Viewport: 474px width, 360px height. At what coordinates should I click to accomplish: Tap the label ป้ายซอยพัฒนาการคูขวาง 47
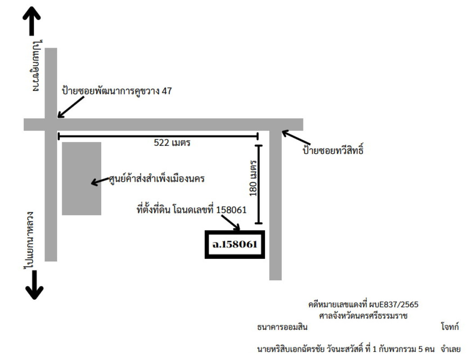click(117, 91)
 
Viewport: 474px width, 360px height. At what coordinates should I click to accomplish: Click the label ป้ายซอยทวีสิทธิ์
click(333, 150)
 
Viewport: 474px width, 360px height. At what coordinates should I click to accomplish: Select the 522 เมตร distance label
click(172, 143)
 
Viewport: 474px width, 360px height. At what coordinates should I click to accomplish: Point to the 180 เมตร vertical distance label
click(253, 178)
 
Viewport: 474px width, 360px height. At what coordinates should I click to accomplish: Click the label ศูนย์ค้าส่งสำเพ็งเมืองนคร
click(157, 179)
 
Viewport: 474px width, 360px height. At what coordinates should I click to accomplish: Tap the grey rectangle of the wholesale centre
click(81, 179)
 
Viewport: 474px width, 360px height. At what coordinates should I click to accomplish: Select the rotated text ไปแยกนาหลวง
click(29, 240)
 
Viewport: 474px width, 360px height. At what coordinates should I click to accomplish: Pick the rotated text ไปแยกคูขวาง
click(37, 66)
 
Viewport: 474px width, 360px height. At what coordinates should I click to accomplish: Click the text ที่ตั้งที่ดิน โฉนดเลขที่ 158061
click(192, 209)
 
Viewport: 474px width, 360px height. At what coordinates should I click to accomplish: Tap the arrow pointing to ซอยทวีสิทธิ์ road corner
click(296, 137)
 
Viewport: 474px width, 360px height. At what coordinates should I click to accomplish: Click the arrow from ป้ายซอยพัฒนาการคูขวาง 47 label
click(71, 107)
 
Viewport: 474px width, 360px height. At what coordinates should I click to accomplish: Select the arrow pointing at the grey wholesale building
click(100, 182)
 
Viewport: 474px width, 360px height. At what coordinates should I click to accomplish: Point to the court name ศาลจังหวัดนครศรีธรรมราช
click(363, 316)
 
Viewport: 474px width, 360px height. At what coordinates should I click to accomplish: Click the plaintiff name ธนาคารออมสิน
click(282, 327)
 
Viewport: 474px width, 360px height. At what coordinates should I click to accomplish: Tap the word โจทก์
click(450, 327)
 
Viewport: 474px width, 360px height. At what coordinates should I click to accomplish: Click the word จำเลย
click(451, 349)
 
